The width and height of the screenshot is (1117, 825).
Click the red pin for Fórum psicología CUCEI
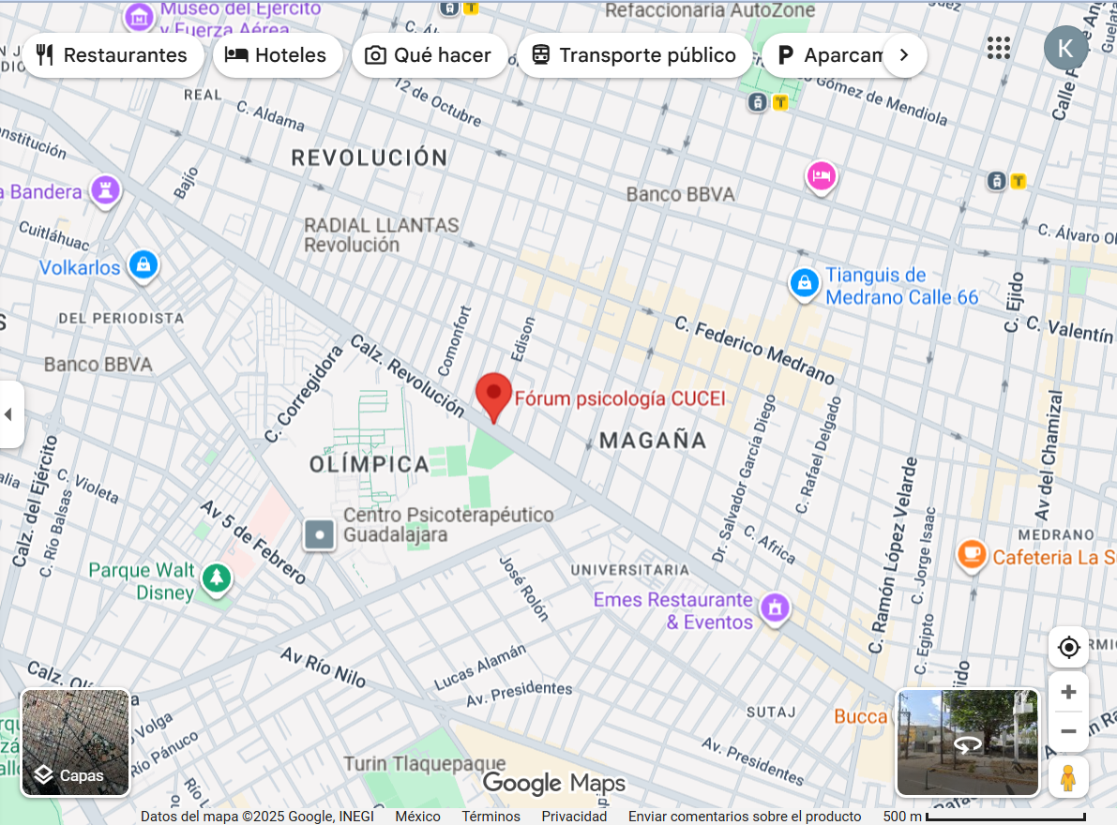494,394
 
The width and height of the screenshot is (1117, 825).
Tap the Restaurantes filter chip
113,55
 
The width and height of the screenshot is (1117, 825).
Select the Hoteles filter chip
278,55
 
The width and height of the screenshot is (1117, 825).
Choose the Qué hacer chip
430,55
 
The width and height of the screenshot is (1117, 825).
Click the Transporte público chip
634,55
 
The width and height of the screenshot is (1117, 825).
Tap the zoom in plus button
1068,693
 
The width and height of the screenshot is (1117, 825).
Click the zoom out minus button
1068,731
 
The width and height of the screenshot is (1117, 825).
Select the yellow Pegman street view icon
1068,778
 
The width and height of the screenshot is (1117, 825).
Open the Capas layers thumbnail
75,742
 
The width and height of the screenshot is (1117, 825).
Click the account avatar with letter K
1065,48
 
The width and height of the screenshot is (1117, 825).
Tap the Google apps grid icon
999,48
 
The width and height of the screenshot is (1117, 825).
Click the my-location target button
1068,647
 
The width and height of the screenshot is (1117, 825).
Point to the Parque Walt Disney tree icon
218,578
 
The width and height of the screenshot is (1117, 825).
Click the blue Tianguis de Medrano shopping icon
804,282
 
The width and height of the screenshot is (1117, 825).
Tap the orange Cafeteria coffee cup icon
973,555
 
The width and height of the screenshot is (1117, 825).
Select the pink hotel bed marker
822,175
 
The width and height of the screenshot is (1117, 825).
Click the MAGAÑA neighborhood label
653,441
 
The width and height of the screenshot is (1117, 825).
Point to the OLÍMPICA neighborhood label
369,464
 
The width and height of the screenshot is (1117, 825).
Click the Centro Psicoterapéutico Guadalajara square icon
320,535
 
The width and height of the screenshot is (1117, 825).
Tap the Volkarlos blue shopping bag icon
143,265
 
